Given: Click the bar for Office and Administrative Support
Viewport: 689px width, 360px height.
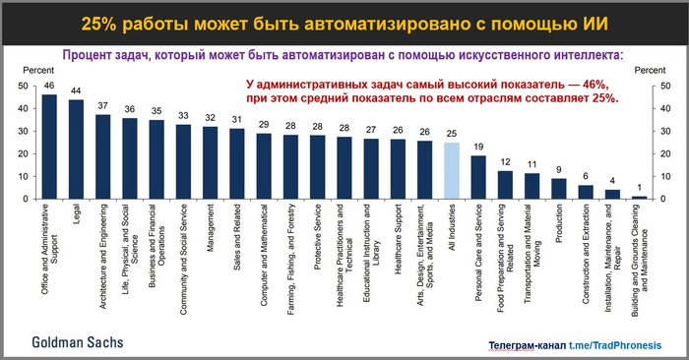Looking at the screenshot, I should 49,148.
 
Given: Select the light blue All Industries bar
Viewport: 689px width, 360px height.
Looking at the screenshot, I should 452,171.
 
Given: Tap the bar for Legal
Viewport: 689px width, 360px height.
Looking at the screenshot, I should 76,150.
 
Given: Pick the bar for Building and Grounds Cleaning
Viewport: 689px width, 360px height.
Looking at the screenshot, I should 640,197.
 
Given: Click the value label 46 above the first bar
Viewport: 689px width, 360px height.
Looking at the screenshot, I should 49,87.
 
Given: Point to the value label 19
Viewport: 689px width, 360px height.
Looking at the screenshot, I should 478,148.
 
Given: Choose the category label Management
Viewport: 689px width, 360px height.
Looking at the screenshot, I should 211,230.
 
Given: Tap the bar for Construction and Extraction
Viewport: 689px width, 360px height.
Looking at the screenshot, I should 586,192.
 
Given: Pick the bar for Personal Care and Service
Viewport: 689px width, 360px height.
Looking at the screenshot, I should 478,177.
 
